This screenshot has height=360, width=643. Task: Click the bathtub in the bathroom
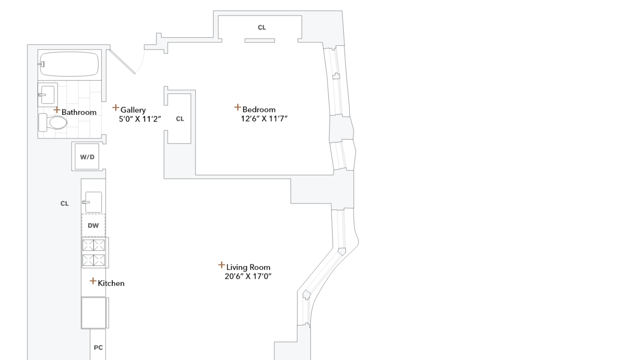pos(70,64)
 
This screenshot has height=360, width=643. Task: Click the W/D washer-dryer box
pos(87,157)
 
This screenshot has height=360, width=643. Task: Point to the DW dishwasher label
pos(93,225)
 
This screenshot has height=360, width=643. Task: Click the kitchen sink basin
pos(93,202)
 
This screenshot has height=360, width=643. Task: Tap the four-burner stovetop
pos(93,253)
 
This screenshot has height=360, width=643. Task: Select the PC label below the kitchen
pos(98,348)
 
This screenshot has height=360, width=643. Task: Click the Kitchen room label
pos(111,283)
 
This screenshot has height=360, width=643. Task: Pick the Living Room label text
pos(248,267)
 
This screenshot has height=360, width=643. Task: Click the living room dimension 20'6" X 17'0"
pos(248,276)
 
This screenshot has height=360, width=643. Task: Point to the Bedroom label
pos(259,109)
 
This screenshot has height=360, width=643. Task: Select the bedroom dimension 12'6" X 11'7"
pos(264,119)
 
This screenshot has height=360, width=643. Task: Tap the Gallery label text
pos(133,110)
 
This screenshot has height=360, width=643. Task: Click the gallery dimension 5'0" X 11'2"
pos(140,119)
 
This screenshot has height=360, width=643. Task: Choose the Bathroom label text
pos(79,112)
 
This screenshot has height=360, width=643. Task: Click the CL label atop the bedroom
pos(261,27)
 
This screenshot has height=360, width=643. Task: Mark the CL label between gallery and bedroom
pos(180,119)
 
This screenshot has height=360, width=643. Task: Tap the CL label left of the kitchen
pos(64,204)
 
